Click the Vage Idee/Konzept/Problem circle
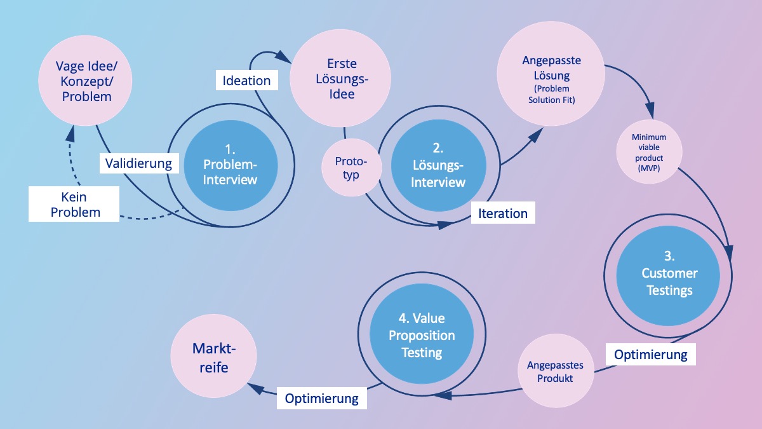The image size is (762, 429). pyautogui.click(x=86, y=81)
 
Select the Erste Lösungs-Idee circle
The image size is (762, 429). pyautogui.click(x=342, y=79)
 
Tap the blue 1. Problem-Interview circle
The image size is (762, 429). pyautogui.click(x=230, y=165)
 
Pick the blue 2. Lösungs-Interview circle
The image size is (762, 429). pyautogui.click(x=438, y=165)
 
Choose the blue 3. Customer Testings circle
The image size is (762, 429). pyautogui.click(x=669, y=273)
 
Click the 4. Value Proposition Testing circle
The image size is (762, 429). pyautogui.click(x=422, y=335)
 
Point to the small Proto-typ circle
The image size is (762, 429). pyautogui.click(x=351, y=168)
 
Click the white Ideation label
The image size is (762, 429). pyautogui.click(x=246, y=81)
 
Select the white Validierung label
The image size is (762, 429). pyautogui.click(x=139, y=163)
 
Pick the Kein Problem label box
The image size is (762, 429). pyautogui.click(x=74, y=204)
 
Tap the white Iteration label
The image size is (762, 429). pyautogui.click(x=502, y=214)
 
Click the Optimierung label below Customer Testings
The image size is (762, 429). pyautogui.click(x=650, y=354)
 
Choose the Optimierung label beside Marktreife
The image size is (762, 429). pyautogui.click(x=321, y=398)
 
